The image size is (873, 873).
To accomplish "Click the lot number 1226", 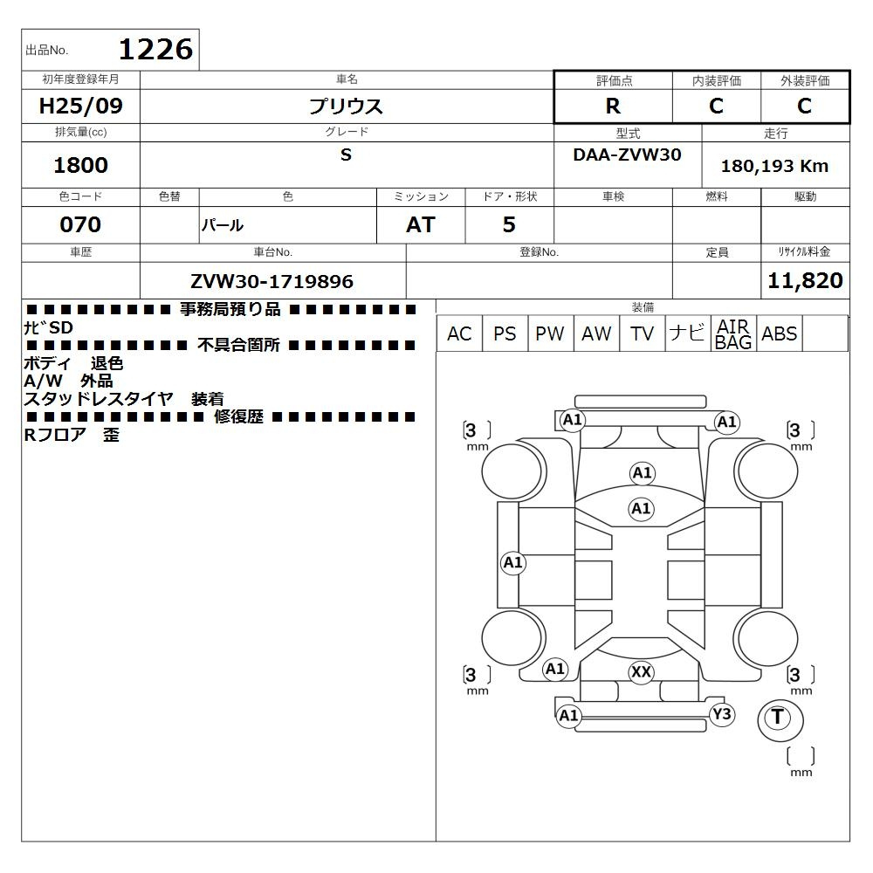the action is (156, 50).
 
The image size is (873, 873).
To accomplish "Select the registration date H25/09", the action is (80, 106).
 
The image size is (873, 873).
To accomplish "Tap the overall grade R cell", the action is (613, 106).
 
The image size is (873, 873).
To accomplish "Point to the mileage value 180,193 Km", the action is (774, 166).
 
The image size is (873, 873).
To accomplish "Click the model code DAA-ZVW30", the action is (627, 155).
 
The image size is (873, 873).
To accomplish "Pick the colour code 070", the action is (80, 224).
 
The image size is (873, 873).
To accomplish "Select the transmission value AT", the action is (421, 224).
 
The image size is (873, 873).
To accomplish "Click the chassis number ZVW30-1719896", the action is (272, 281).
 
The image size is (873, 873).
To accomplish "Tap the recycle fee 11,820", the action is (805, 280).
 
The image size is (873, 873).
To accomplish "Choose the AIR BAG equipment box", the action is (733, 333).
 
